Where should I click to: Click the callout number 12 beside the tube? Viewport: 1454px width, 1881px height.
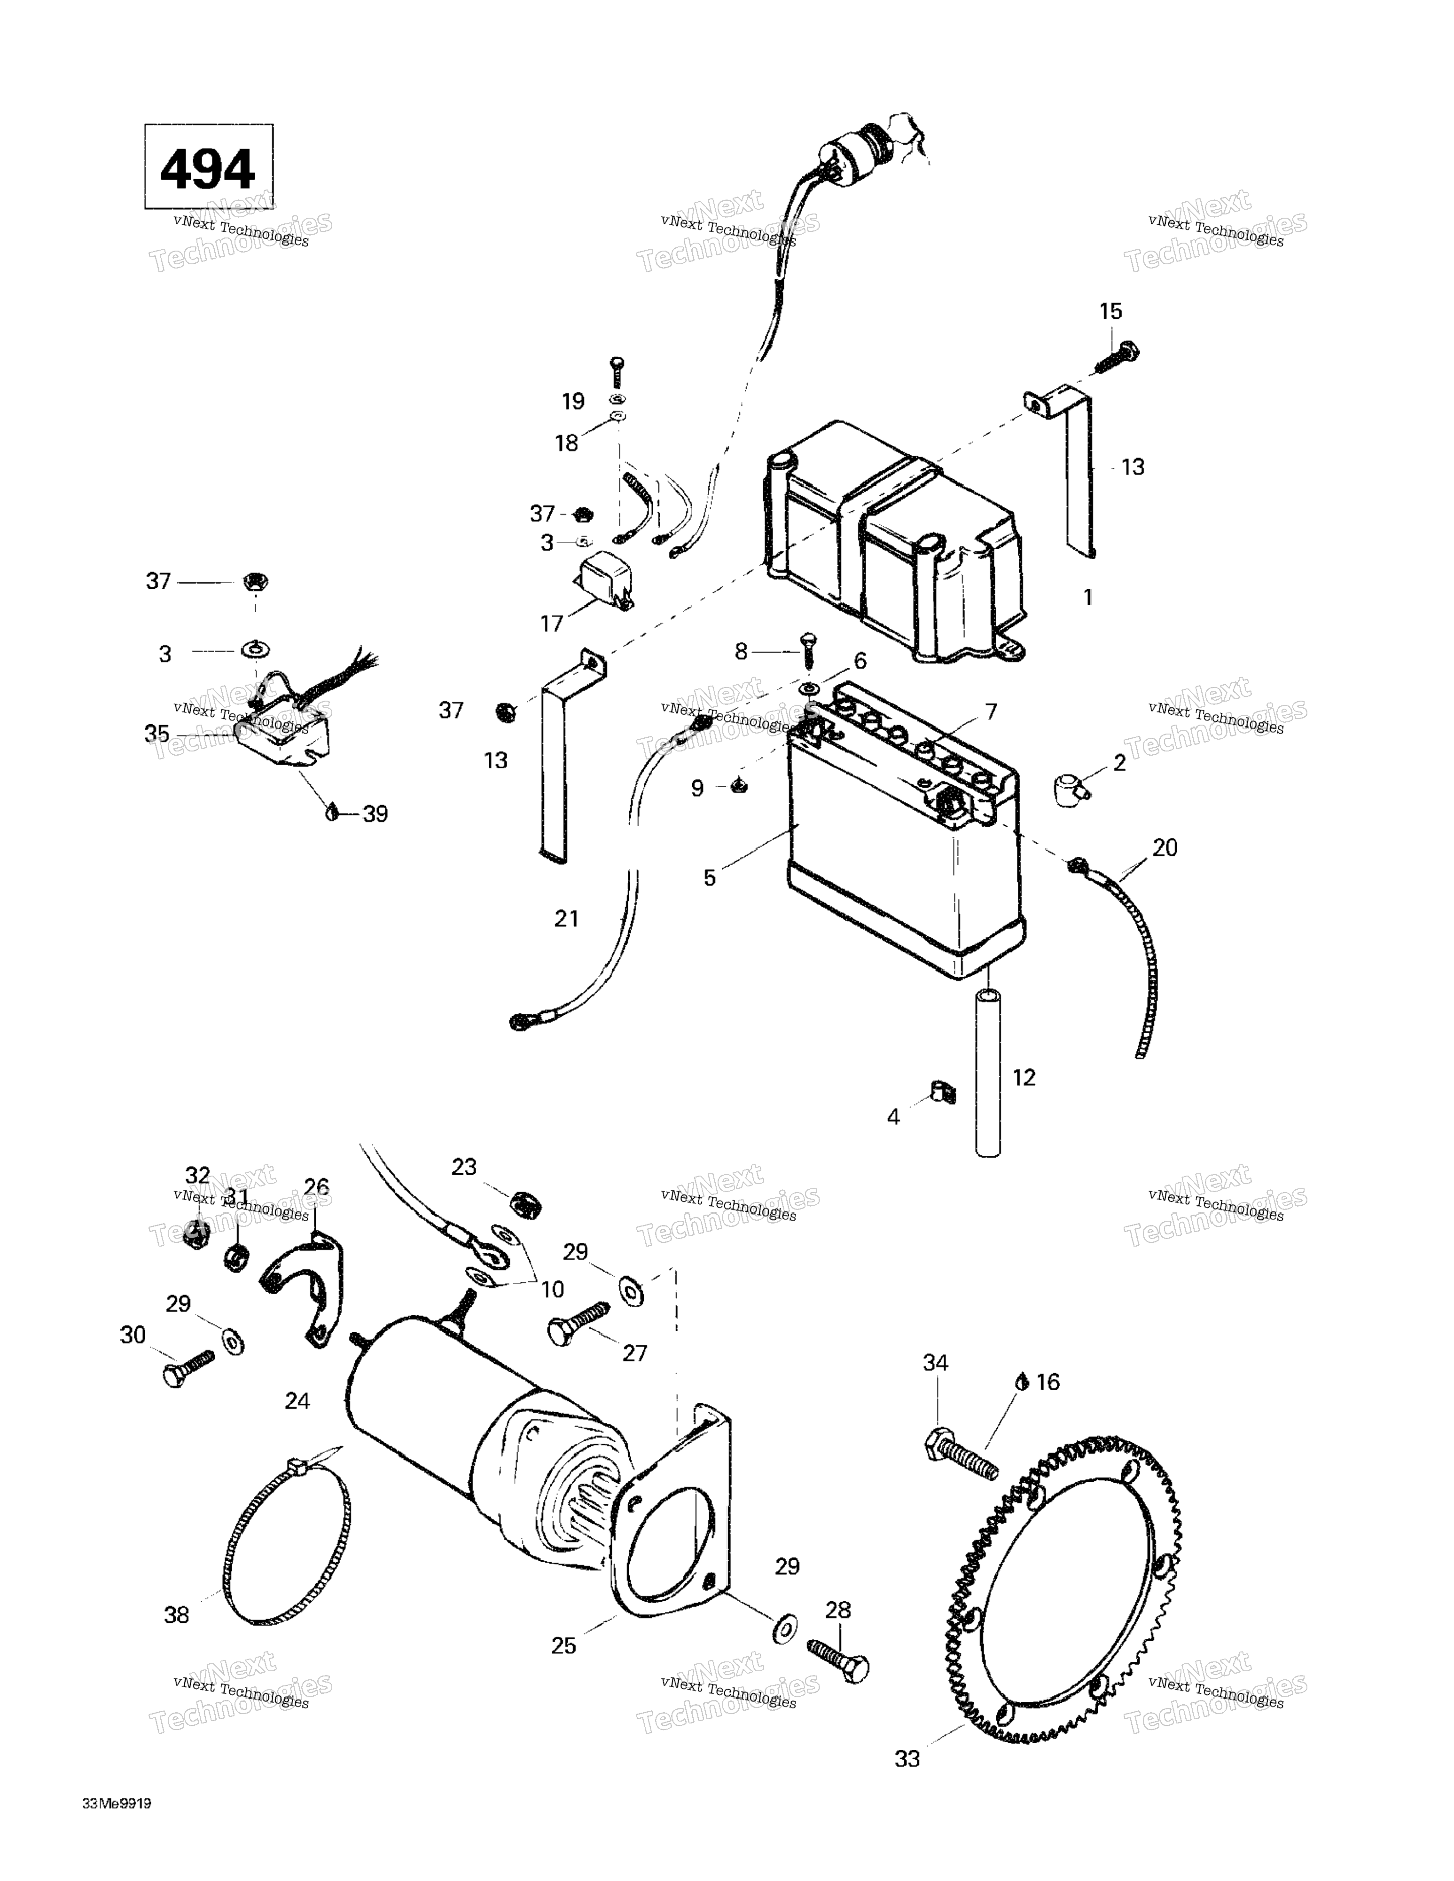click(x=1024, y=1077)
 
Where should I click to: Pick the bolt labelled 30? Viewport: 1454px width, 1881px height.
click(x=188, y=1367)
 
